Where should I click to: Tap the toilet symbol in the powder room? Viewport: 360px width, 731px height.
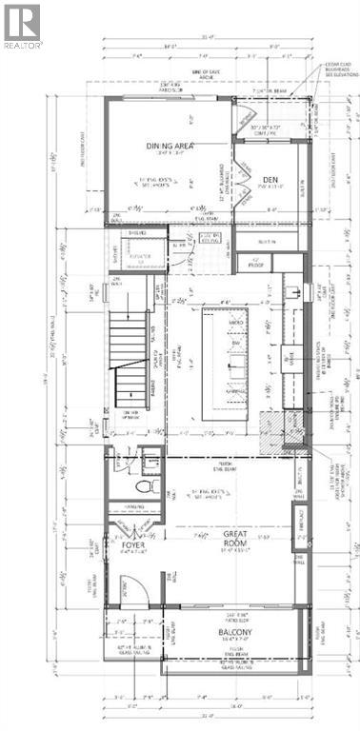(144, 485)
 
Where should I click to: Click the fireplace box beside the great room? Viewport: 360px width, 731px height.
(298, 524)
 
